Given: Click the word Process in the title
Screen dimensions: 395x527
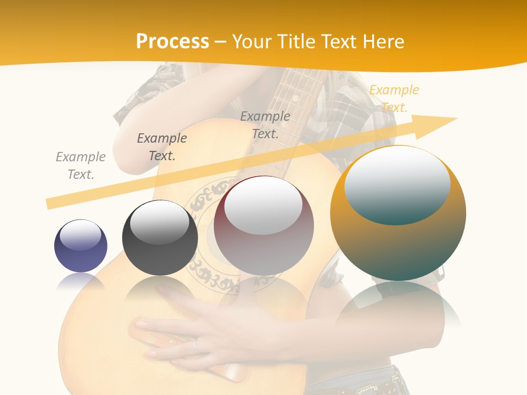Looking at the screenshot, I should pyautogui.click(x=172, y=42).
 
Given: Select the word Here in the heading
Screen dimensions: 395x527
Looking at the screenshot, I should pyautogui.click(x=382, y=42).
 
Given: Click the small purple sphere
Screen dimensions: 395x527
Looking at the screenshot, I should pyautogui.click(x=81, y=246).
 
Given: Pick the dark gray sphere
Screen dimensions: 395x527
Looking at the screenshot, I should pyautogui.click(x=160, y=238).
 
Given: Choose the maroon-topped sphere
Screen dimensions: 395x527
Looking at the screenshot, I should pyautogui.click(x=264, y=225).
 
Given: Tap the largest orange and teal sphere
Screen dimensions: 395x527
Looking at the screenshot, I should pyautogui.click(x=398, y=213).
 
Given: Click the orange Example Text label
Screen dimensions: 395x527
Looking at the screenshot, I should pyautogui.click(x=394, y=98).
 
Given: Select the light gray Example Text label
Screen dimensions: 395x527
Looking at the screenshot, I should pyautogui.click(x=81, y=165).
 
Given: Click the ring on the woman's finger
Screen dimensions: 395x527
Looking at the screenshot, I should pyautogui.click(x=194, y=345).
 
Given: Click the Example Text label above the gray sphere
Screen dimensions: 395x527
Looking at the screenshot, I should pyautogui.click(x=162, y=146).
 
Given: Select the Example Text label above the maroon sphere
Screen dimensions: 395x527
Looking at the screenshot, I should pyautogui.click(x=265, y=125).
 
